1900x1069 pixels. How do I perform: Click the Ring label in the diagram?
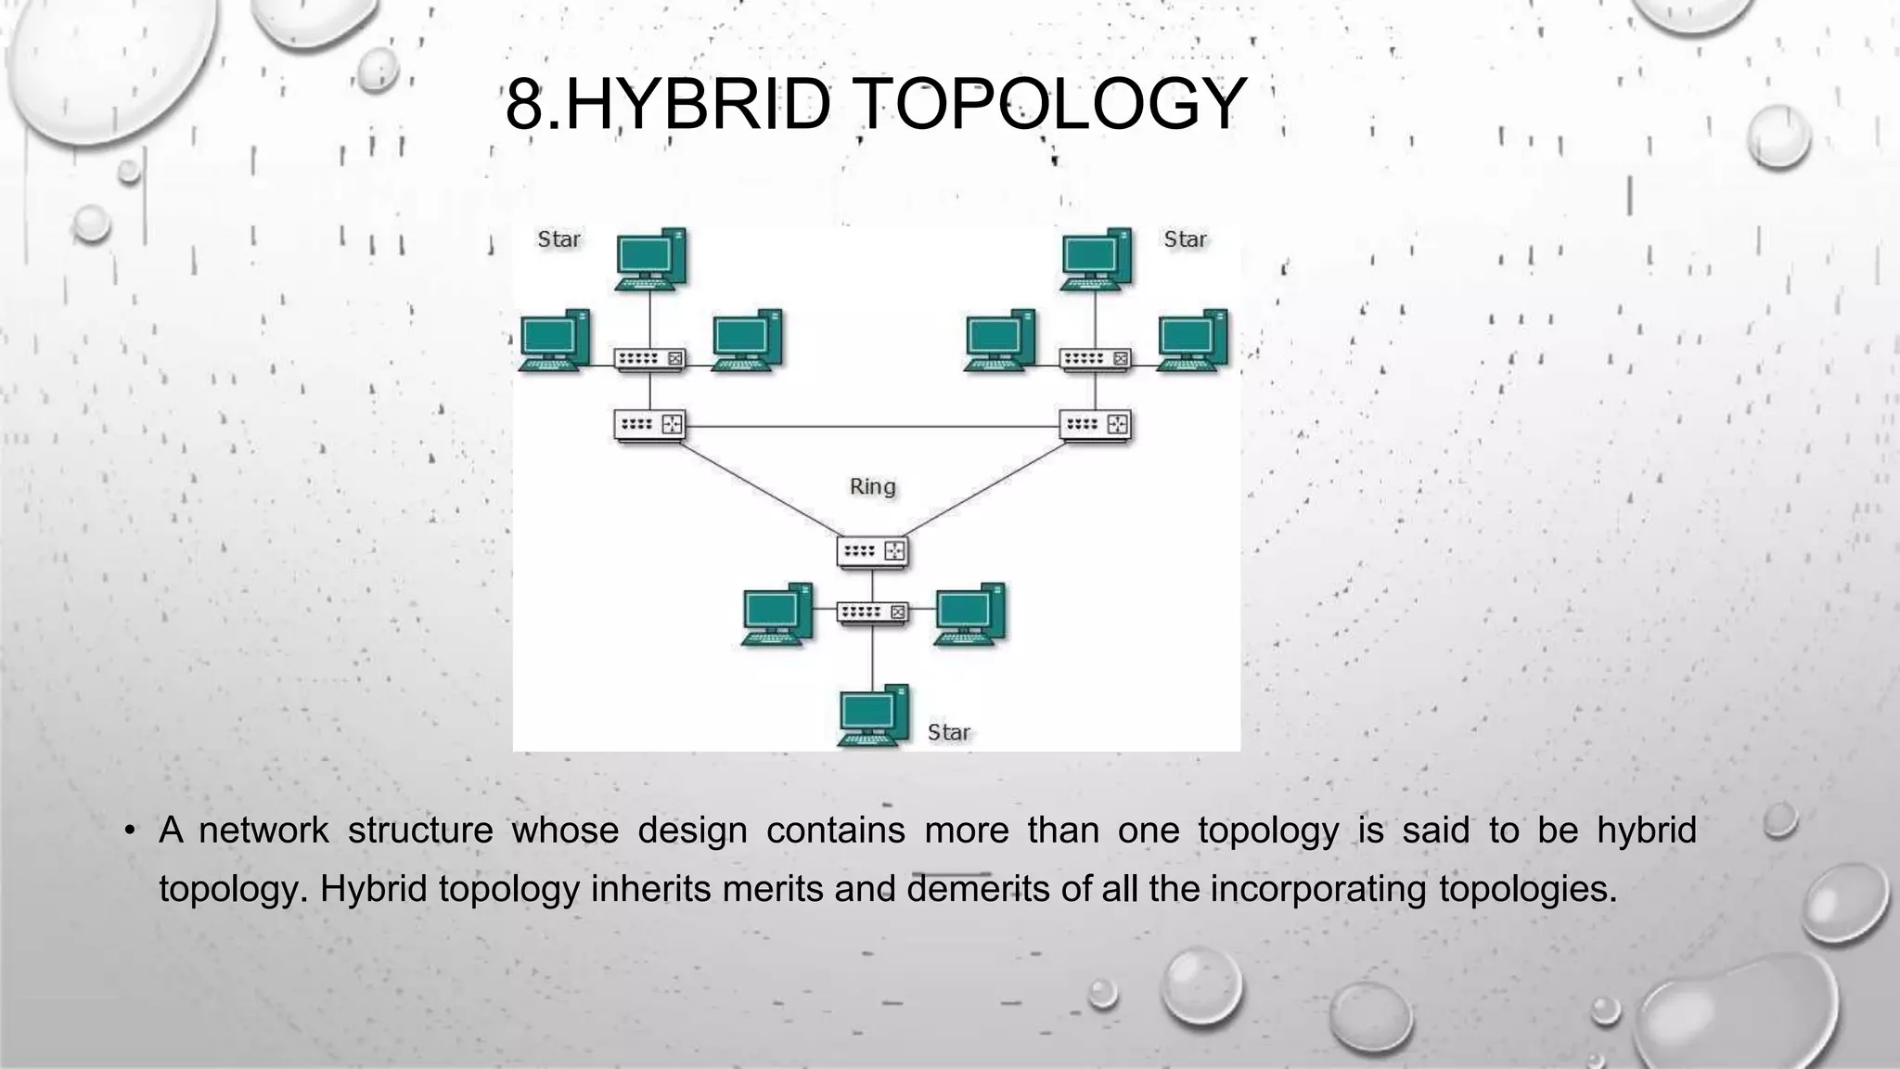coord(872,486)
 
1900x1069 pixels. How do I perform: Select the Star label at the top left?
coord(558,239)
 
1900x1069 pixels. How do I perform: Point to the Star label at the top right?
coord(1185,239)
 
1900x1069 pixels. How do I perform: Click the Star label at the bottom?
coord(948,732)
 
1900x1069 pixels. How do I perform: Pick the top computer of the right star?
coord(1096,258)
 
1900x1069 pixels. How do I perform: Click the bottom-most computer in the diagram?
coord(872,715)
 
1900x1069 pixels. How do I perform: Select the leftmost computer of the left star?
coord(554,340)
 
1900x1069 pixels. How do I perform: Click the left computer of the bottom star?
coord(777,613)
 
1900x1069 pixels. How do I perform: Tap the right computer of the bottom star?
coord(969,613)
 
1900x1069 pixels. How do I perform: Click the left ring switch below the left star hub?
coord(649,425)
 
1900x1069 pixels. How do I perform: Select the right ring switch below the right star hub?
coord(1096,425)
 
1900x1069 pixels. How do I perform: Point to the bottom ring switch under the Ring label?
coord(872,551)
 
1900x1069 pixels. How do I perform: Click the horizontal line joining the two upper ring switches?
coord(872,426)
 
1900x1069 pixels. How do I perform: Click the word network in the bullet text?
coord(263,830)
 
